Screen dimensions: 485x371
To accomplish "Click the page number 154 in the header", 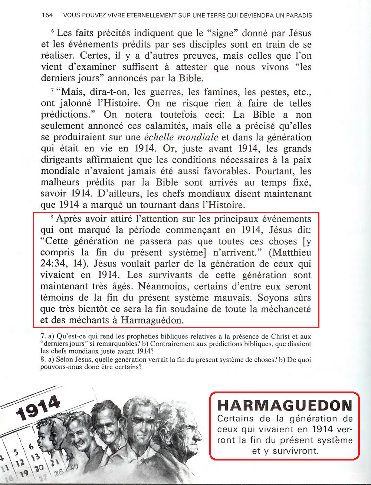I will [47, 15].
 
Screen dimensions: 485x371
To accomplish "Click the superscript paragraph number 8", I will [52, 217].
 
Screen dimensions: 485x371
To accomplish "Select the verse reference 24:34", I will [54, 264].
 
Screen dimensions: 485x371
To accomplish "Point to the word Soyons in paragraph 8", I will [273, 298].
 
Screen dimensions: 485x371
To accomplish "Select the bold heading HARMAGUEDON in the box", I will [285, 406].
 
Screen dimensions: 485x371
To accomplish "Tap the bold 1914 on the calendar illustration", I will [38, 408].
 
